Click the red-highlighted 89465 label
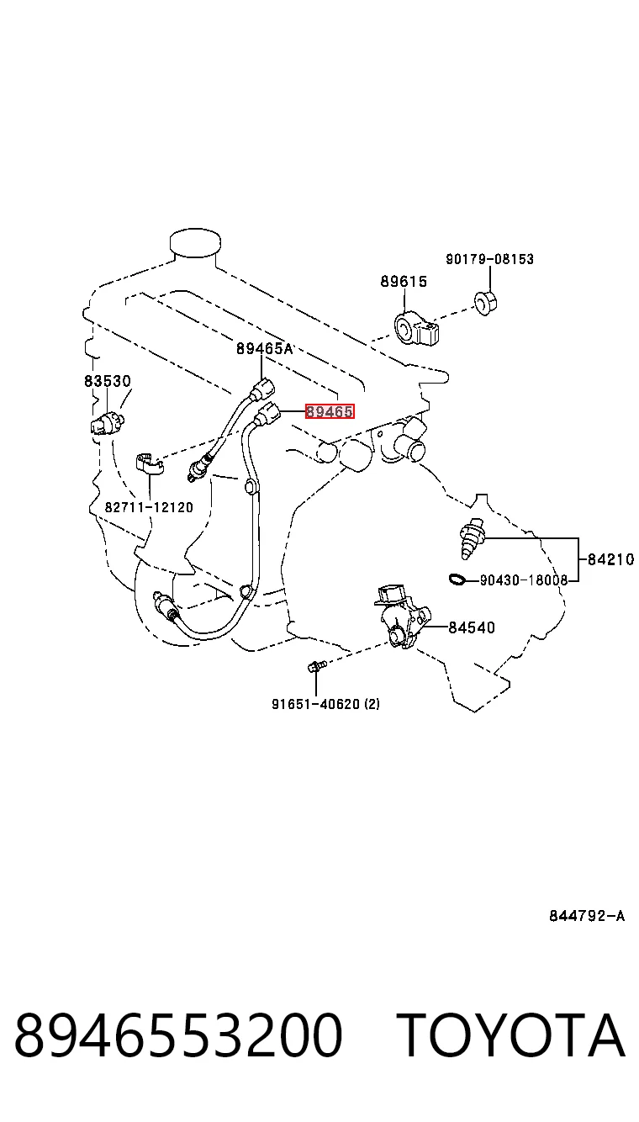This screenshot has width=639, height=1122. [330, 412]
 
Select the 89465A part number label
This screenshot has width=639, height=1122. [264, 348]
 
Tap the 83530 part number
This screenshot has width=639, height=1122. [107, 381]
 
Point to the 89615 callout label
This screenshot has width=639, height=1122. [404, 282]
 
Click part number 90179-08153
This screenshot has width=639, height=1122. [490, 259]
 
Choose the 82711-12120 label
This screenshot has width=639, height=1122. [149, 507]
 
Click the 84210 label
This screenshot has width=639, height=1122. [610, 559]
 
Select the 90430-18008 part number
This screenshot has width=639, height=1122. [524, 580]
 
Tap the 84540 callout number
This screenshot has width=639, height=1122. [471, 627]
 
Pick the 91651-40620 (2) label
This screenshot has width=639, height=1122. [325, 704]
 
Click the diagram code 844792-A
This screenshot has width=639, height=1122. [587, 916]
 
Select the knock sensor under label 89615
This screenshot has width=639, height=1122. [416, 329]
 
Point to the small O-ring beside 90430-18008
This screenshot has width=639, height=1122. [457, 580]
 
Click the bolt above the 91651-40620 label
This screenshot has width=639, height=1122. [316, 667]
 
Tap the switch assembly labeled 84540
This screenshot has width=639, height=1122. [402, 616]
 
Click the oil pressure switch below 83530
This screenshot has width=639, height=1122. [107, 424]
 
